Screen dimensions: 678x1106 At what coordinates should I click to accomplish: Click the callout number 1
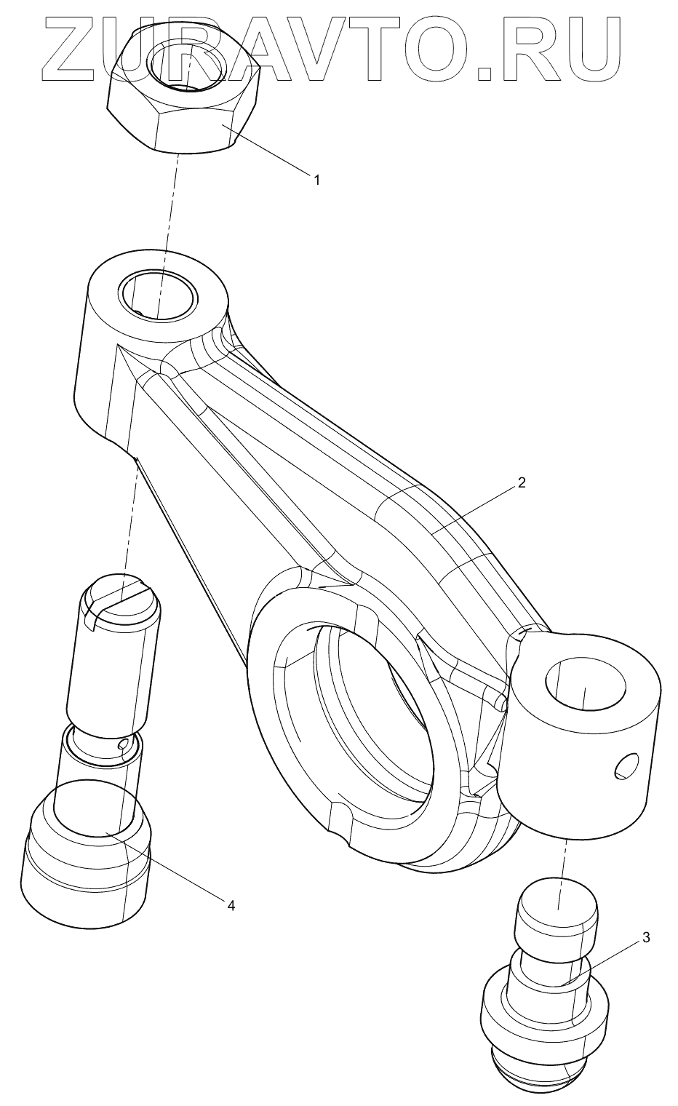pyautogui.click(x=316, y=178)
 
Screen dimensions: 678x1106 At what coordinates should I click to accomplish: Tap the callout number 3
pyautogui.click(x=645, y=937)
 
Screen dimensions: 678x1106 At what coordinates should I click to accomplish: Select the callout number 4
pyautogui.click(x=230, y=905)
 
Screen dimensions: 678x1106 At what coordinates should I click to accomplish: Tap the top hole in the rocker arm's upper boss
pyautogui.click(x=159, y=295)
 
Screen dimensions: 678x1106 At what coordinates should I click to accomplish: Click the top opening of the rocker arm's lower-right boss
pyautogui.click(x=585, y=684)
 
